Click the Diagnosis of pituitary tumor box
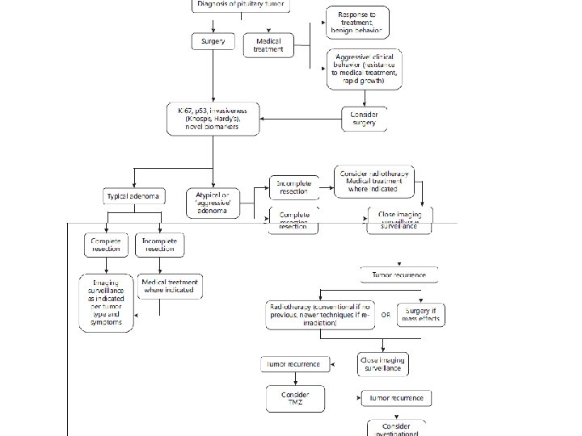240,5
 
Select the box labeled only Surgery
213,40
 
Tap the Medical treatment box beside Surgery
268,44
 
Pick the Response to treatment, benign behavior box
357,23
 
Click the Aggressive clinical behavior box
365,69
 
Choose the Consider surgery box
365,118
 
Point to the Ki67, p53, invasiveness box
214,118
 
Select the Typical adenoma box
134,196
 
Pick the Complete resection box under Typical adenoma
106,245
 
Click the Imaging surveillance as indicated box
106,303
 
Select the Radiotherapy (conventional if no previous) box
319,314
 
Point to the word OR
386,315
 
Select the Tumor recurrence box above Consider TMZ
295,364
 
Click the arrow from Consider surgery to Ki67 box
299,119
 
